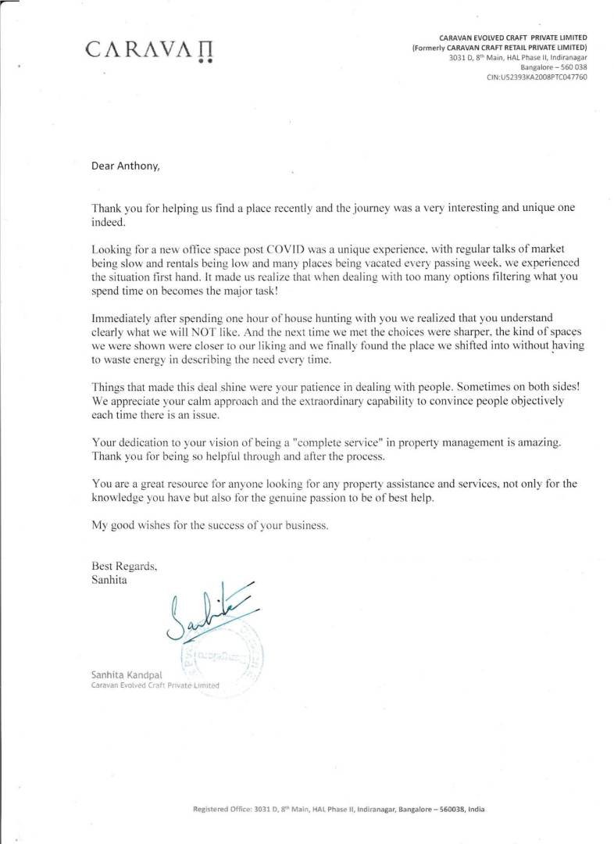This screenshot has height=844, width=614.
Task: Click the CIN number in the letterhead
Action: pyautogui.click(x=537, y=77)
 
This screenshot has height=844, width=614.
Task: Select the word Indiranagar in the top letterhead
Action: pyautogui.click(x=562, y=57)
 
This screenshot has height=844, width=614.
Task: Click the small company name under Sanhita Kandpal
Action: pyautogui.click(x=155, y=685)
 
